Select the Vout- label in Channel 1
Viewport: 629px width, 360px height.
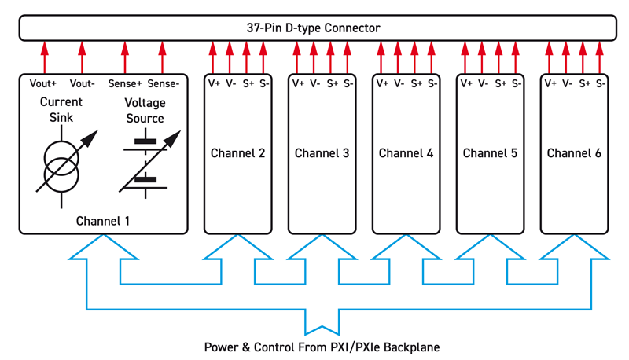[82, 83]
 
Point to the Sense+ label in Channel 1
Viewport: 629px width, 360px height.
[124, 83]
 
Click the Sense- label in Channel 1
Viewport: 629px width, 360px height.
[163, 83]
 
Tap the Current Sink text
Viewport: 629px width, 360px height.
[61, 110]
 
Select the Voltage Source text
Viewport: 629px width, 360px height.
[145, 111]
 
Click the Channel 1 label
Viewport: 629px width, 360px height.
[103, 221]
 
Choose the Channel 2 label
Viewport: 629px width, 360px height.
[237, 153]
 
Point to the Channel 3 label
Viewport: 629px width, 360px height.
[322, 153]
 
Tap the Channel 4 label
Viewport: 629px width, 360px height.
[406, 153]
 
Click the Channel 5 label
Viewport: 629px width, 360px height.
[490, 153]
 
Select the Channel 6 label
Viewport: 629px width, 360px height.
[574, 153]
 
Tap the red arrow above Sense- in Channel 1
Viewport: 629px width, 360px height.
[163, 57]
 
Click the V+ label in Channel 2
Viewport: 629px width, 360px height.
[213, 83]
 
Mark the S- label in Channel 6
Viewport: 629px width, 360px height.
[600, 83]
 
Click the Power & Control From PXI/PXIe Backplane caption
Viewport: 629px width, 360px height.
[322, 347]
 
